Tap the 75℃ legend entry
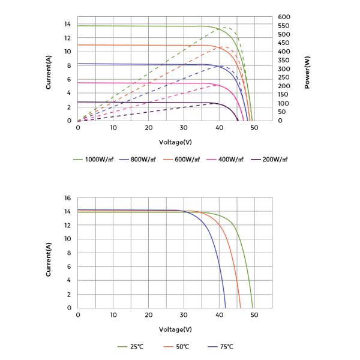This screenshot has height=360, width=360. pyautogui.click(x=222, y=347)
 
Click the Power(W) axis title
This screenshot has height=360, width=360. pyautogui.click(x=307, y=73)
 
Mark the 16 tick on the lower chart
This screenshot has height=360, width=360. pyautogui.click(x=68, y=197)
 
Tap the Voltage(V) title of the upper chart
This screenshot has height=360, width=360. pyautogui.click(x=175, y=142)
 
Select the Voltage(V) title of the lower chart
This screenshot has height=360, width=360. pyautogui.click(x=175, y=329)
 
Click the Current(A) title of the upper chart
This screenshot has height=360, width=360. pyautogui.click(x=49, y=73)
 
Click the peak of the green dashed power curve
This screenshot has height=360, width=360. pyautogui.click(x=227, y=27)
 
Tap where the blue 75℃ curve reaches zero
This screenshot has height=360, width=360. pyautogui.click(x=226, y=308)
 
